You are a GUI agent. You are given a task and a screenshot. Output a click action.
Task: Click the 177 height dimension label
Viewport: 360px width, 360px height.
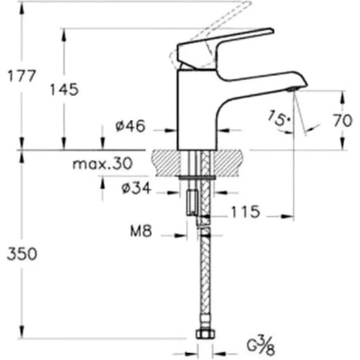coord(22,76)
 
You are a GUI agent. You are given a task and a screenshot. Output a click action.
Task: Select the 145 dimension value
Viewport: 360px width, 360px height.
coord(64,90)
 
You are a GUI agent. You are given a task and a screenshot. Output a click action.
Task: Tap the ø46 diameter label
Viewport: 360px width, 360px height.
coord(130,126)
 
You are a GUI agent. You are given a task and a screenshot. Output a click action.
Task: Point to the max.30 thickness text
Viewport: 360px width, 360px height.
coord(102,163)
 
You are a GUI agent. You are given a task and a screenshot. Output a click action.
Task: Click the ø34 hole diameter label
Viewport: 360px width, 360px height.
coord(136,188)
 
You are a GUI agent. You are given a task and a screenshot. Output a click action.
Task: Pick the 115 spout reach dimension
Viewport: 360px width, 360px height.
coord(246,212)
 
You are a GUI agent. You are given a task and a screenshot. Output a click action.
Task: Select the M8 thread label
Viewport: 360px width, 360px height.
coord(141,231)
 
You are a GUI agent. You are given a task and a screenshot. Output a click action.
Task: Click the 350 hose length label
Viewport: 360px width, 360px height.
coord(22,254)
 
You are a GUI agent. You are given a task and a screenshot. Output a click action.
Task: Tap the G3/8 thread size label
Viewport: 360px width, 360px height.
coord(261,345)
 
